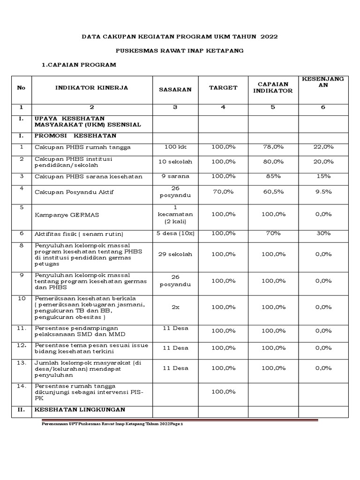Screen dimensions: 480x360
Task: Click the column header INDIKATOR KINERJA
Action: pyautogui.click(x=91, y=88)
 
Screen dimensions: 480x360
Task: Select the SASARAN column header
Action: pyautogui.click(x=175, y=90)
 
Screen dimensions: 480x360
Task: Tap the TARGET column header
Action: pyautogui.click(x=223, y=88)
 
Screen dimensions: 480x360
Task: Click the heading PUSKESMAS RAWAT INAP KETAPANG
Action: pyautogui.click(x=180, y=51)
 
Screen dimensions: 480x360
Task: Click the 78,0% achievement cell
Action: pyautogui.click(x=273, y=147)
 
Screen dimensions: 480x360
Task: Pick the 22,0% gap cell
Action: pyautogui.click(x=323, y=147)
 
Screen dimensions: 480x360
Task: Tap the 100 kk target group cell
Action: pyautogui.click(x=175, y=147)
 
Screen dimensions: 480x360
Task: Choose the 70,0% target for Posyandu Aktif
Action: pyautogui.click(x=224, y=192)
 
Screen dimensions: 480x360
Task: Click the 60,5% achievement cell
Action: pyautogui.click(x=273, y=192)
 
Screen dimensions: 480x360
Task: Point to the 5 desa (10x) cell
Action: pyautogui.click(x=175, y=233)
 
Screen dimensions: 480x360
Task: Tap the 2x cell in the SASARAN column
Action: pyautogui.click(x=175, y=307)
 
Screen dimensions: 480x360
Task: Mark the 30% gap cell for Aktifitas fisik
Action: pyautogui.click(x=323, y=233)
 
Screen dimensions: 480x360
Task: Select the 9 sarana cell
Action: pyautogui.click(x=175, y=176)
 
